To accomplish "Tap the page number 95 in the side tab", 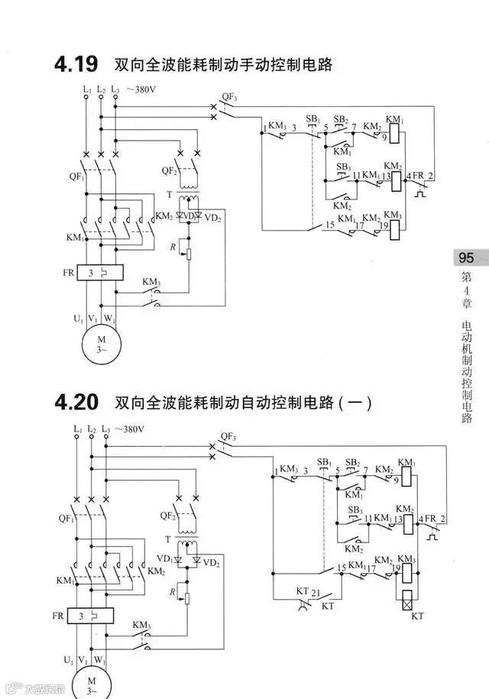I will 466,257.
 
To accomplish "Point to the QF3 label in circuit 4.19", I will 229,97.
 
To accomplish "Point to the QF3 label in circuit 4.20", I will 228,437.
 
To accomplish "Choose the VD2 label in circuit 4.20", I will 211,563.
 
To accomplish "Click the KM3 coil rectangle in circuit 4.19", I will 393,228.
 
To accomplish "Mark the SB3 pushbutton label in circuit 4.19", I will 344,167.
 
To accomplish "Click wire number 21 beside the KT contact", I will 315,592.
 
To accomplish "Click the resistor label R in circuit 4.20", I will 174,591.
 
